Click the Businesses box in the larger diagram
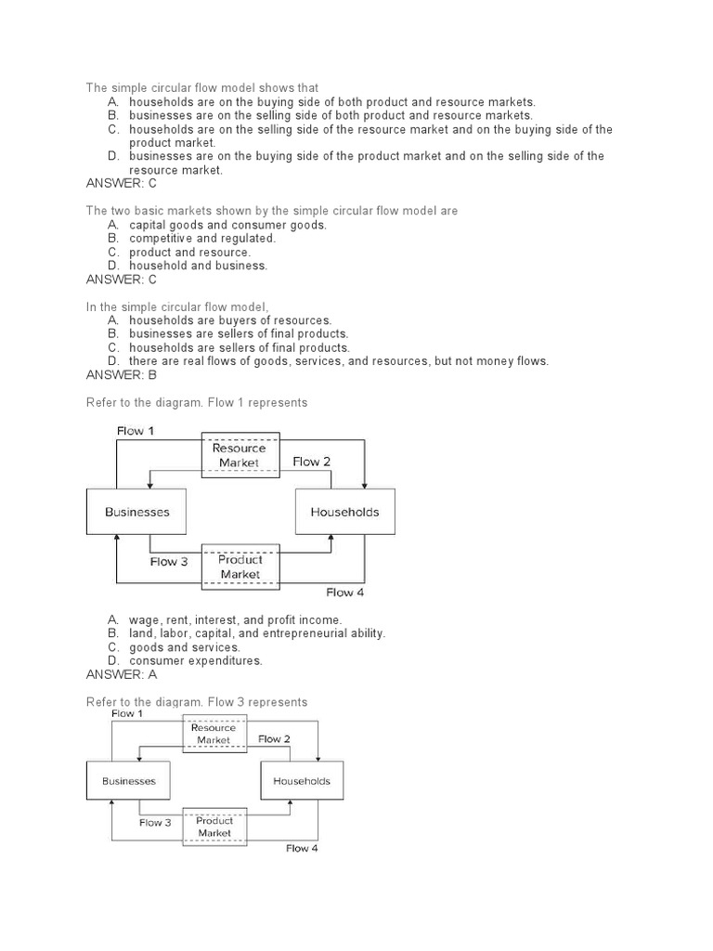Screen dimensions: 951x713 [137, 512]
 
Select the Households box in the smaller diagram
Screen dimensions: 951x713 [302, 781]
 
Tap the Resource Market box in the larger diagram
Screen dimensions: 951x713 [240, 455]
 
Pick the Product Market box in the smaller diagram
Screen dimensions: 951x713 [214, 827]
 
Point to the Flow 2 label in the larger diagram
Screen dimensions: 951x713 [312, 462]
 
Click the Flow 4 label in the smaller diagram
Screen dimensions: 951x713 [302, 848]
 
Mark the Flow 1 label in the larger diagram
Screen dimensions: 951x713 [136, 431]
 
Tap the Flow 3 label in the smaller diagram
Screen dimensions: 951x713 [155, 823]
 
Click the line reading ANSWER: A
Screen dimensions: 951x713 [122, 674]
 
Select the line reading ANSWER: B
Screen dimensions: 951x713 [122, 374]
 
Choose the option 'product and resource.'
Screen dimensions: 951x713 [189, 252]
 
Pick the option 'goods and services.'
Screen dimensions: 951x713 [185, 647]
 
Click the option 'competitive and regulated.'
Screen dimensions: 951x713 [202, 239]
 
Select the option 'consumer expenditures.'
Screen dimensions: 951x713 [196, 660]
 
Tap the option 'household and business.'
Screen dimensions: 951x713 [198, 266]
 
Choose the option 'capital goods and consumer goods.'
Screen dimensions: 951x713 [227, 225]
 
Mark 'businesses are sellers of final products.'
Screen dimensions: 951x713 [239, 333]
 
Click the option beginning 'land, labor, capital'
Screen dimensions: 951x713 [257, 633]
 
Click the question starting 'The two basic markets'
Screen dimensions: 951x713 [272, 211]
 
